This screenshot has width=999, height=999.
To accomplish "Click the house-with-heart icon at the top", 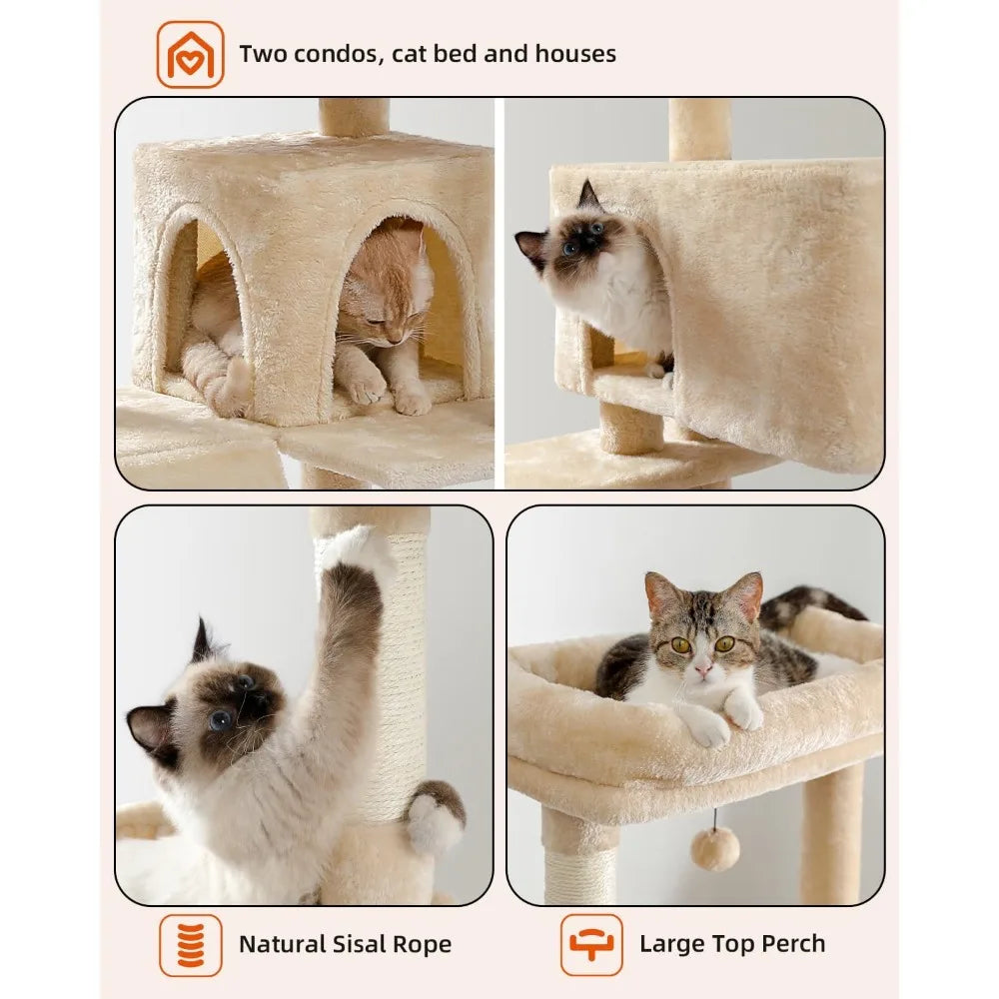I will click(x=190, y=54).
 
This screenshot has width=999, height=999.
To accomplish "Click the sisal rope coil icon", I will click(x=190, y=944).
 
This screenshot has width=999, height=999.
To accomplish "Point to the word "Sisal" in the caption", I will click(x=358, y=944).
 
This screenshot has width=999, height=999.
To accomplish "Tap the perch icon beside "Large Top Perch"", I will click(x=591, y=944).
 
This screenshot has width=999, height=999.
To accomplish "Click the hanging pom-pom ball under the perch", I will click(x=715, y=848).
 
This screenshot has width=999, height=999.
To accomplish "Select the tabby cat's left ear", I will click(x=663, y=595).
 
